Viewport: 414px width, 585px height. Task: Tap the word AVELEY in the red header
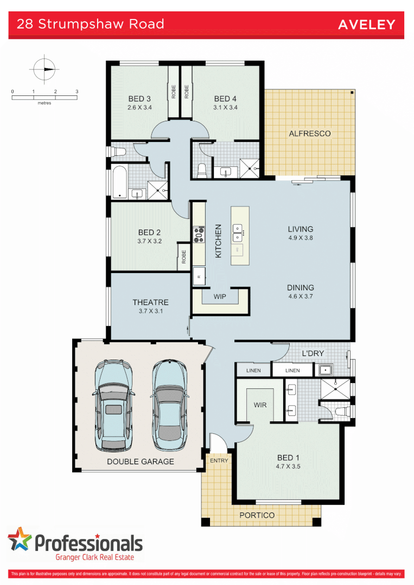pyautogui.click(x=367, y=24)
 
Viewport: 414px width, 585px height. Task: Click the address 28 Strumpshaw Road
pyautogui.click(x=90, y=24)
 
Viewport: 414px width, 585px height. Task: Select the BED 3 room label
pyautogui.click(x=139, y=99)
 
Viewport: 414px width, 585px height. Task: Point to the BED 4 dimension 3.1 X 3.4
pyautogui.click(x=226, y=107)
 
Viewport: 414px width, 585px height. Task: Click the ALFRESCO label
pyautogui.click(x=309, y=133)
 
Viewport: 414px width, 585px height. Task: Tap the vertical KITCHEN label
pyautogui.click(x=219, y=240)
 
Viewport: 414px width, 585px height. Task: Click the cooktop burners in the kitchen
pyautogui.click(x=199, y=234)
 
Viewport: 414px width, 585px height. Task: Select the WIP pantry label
pyautogui.click(x=220, y=297)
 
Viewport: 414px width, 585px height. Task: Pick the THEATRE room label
pyautogui.click(x=150, y=302)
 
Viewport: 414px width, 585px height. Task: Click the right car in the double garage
pyautogui.click(x=169, y=405)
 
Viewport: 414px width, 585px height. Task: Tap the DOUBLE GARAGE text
pyautogui.click(x=141, y=461)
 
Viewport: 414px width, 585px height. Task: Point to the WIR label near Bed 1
pyautogui.click(x=260, y=405)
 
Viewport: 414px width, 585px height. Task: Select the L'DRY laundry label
pyautogui.click(x=313, y=354)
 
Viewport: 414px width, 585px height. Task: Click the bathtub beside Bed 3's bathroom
pyautogui.click(x=119, y=182)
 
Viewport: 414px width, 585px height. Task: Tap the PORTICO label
pyautogui.click(x=257, y=515)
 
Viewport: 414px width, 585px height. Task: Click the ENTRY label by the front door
pyautogui.click(x=219, y=460)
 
